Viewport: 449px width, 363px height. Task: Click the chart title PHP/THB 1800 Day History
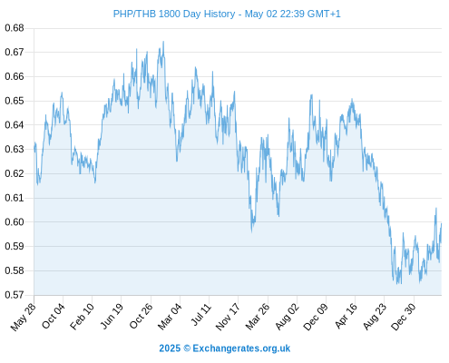click(174, 14)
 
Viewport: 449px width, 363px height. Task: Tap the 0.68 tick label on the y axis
click(15, 28)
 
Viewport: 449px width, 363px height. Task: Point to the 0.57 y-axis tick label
click(15, 295)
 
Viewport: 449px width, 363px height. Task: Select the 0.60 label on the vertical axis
click(15, 222)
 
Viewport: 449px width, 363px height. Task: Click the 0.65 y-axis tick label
click(15, 101)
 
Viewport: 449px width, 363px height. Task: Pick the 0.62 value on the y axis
click(15, 173)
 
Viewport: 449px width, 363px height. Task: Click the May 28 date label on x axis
click(24, 316)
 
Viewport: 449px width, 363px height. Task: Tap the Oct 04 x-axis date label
click(54, 316)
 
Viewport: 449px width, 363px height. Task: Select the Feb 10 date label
click(83, 316)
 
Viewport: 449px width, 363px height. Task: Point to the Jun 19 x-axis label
click(112, 316)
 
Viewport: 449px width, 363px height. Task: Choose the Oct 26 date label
click(141, 316)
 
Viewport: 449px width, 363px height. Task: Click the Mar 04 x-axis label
click(170, 316)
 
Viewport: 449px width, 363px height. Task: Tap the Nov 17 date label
click(229, 316)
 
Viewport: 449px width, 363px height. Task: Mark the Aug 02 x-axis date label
click(287, 316)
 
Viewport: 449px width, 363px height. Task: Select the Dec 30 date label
click(404, 316)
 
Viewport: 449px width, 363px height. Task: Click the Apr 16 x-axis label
click(346, 316)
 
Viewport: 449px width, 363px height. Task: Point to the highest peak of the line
click(163, 42)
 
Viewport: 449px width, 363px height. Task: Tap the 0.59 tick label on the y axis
click(15, 246)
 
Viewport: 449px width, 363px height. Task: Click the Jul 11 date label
click(200, 315)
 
